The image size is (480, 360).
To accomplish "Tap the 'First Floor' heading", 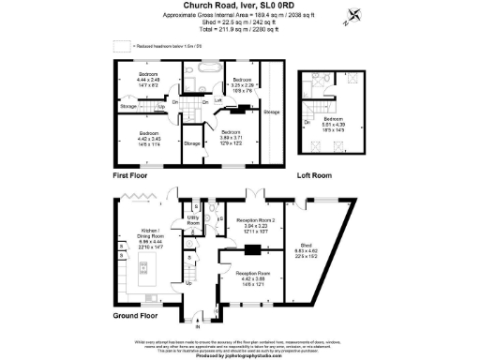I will pos(131,175).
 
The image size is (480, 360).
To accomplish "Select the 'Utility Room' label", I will pos(194,220).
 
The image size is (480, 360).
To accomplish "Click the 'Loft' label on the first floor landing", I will pos(217,99).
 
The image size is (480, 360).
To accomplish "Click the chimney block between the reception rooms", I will pos(251,249).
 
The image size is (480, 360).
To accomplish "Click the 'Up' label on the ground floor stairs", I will pos(190,282).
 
